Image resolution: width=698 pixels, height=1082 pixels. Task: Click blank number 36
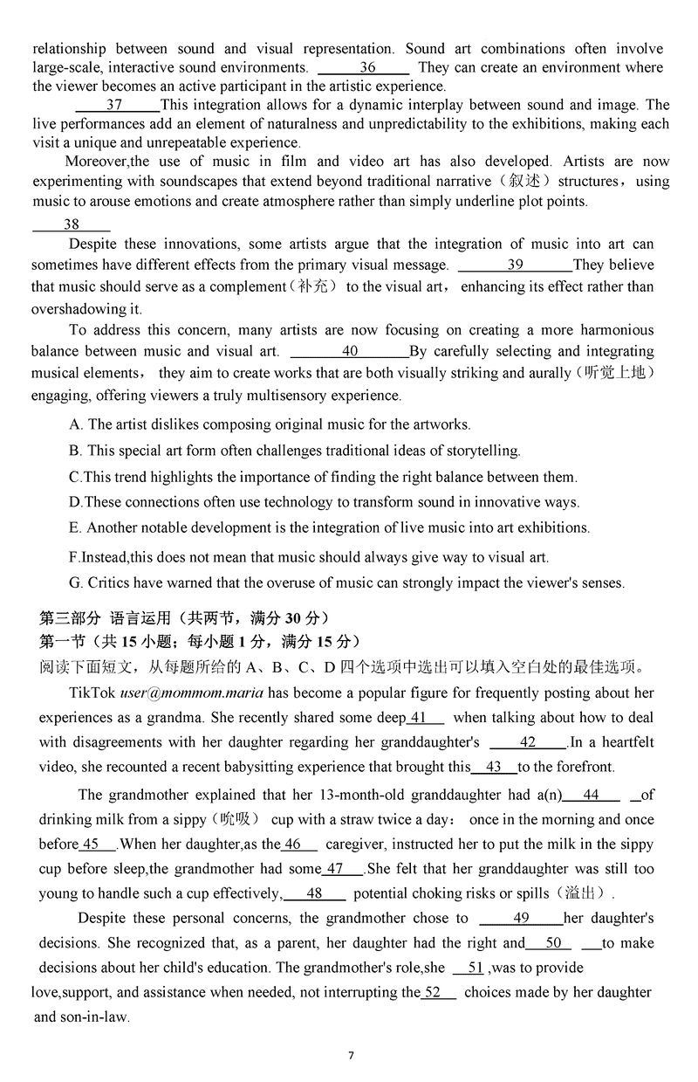coord(366,67)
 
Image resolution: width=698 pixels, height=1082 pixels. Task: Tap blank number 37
coord(114,105)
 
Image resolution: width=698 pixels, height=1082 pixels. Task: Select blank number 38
coord(71,224)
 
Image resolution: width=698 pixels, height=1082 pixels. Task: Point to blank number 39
coord(515,265)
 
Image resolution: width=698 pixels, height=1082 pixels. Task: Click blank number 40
coord(349,351)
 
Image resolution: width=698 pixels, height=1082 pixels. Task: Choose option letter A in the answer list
coord(75,424)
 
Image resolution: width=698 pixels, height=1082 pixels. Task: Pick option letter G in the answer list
coord(75,582)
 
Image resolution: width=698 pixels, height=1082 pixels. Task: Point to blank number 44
coord(591,795)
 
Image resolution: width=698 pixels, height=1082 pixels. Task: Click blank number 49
coord(521,918)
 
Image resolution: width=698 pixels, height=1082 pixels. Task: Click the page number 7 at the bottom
coord(351,1055)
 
